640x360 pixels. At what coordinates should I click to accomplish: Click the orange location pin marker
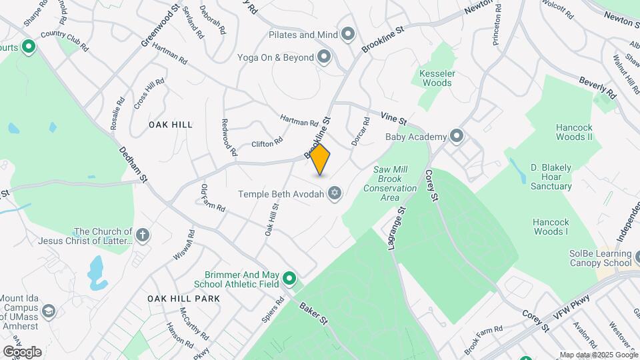point(321,159)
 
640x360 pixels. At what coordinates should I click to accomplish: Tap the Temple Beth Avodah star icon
point(335,194)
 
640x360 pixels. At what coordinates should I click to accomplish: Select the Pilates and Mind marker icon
point(347,34)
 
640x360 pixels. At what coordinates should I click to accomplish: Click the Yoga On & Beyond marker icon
point(324,57)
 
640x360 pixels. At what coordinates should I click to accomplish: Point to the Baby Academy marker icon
point(457,137)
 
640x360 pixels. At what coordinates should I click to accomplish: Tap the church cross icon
point(143,235)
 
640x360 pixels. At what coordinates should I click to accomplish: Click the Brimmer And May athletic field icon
point(289,278)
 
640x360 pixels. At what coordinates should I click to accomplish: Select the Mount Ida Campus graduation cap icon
point(49,311)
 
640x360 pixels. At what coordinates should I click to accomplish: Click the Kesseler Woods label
point(436,77)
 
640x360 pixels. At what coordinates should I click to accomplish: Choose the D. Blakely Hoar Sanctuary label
point(551,176)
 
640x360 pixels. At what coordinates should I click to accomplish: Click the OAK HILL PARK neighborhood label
point(184,299)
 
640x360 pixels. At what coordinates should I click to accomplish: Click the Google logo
point(22,351)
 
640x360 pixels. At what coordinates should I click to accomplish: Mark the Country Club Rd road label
point(65,41)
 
